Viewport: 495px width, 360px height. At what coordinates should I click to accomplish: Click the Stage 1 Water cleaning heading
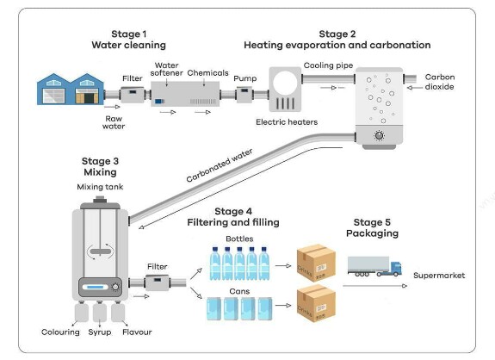coord(129,40)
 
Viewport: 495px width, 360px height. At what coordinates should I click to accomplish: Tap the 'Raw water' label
coord(114,122)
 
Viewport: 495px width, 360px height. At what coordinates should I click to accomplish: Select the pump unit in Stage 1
coord(244,94)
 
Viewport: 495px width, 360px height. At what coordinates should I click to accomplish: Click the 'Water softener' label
coord(167,69)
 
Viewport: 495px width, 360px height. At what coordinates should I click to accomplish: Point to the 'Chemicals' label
coord(207,73)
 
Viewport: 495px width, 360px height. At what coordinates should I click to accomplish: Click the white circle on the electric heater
coord(285,83)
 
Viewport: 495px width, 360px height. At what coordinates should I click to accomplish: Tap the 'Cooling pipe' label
coord(328,65)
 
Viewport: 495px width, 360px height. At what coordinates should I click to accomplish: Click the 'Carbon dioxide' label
coord(439,82)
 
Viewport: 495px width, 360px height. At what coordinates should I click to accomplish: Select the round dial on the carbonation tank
coord(379,135)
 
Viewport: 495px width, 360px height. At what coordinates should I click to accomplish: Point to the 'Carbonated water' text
coord(220,165)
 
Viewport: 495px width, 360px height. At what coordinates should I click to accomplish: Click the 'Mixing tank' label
coord(100,187)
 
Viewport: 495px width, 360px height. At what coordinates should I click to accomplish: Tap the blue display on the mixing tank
coord(96,288)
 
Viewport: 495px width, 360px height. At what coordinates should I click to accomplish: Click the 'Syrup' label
coord(100,332)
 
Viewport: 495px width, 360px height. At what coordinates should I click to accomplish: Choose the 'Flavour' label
coord(137,332)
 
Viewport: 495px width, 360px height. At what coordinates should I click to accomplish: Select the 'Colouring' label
coord(60,332)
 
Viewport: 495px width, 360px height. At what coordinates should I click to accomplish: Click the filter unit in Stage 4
coord(157,282)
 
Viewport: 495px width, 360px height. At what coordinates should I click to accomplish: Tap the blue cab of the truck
coord(395,269)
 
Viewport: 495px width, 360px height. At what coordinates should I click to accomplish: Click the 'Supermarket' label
coord(439,276)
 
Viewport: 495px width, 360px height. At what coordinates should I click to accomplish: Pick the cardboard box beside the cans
coord(316,304)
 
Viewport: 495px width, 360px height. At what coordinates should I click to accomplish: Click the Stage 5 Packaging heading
coord(372,227)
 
